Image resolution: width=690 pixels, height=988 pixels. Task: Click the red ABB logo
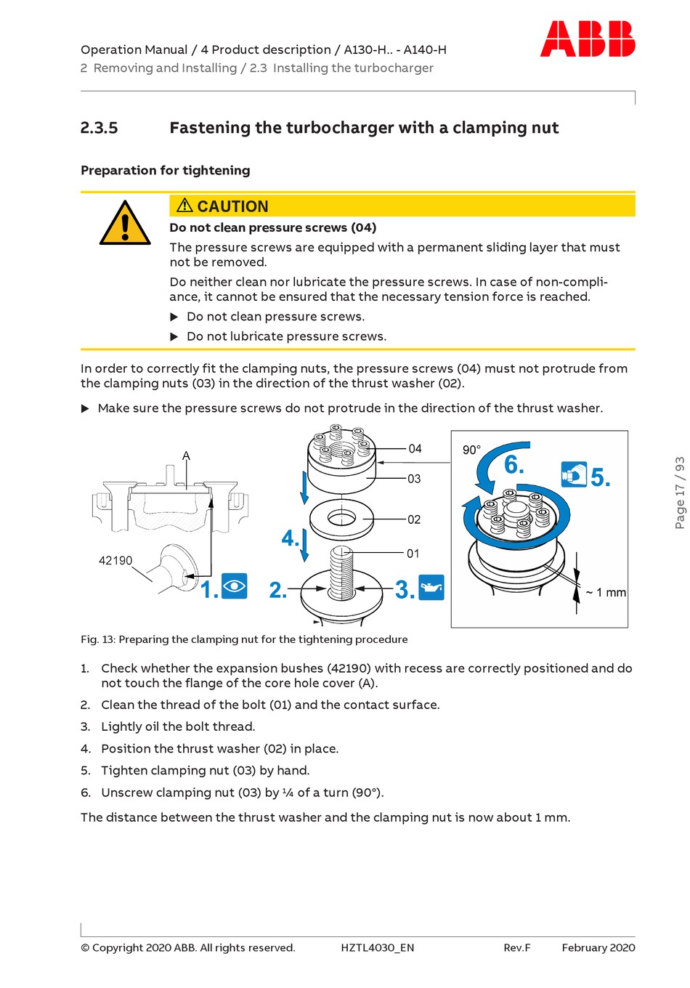click(588, 39)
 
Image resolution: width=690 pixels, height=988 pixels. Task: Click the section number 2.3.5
click(99, 128)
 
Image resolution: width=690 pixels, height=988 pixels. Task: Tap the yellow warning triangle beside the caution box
click(125, 223)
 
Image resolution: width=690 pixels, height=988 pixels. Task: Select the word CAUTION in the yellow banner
click(232, 206)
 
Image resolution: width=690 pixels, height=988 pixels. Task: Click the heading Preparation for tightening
click(166, 170)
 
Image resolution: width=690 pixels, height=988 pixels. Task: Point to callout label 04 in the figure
click(415, 449)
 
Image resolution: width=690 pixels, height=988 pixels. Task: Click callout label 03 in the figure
click(414, 479)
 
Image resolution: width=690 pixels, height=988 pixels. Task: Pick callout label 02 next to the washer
click(414, 519)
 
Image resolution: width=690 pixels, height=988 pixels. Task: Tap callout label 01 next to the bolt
click(413, 554)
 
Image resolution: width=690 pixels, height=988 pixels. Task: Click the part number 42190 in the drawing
click(115, 560)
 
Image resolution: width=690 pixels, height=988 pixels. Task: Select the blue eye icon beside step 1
click(235, 586)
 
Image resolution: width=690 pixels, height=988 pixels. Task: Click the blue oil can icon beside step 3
click(431, 587)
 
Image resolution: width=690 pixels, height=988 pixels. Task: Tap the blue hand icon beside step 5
click(574, 474)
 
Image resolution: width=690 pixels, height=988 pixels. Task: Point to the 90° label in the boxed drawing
click(471, 450)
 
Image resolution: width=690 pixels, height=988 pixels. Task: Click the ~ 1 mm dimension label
click(606, 592)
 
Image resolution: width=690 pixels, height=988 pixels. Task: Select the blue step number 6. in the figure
click(514, 465)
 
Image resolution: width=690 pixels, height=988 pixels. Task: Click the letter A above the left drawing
click(186, 456)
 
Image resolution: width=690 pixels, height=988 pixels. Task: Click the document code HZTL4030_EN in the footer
click(378, 947)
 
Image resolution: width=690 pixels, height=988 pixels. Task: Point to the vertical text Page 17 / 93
click(680, 493)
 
